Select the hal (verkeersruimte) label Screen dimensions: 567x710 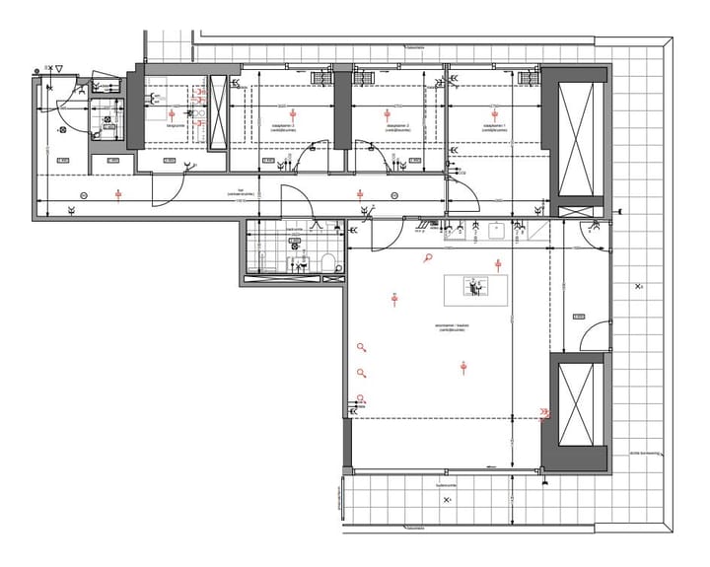click(x=243, y=193)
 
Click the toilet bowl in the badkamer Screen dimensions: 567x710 click(x=327, y=261)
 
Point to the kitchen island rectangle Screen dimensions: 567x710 click(x=477, y=289)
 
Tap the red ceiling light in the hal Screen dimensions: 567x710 click(x=118, y=194)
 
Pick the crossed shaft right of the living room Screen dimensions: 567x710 click(x=576, y=403)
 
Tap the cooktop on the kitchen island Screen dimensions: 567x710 click(x=474, y=287)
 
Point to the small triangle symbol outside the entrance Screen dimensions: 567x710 click(x=59, y=68)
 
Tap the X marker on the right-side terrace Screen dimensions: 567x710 click(x=639, y=286)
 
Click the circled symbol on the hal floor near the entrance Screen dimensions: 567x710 click(x=83, y=193)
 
